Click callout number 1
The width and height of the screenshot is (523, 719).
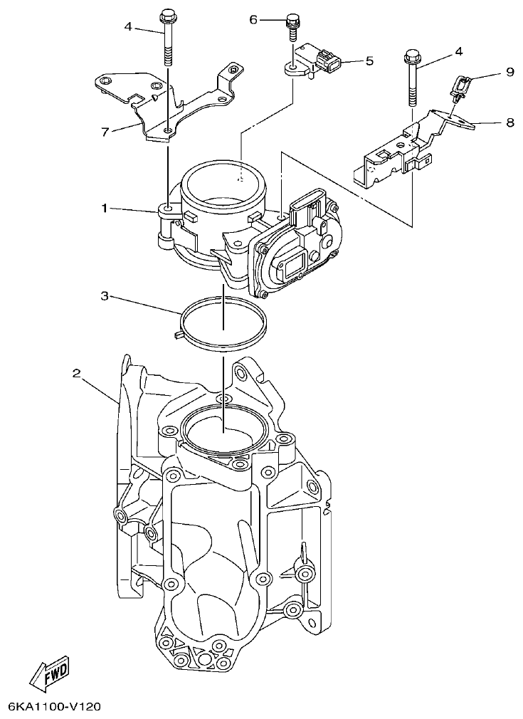(x=104, y=209)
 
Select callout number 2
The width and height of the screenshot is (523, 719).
(x=77, y=373)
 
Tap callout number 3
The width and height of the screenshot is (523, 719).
(x=104, y=295)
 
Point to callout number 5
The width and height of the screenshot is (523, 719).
(x=369, y=61)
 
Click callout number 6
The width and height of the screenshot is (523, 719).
(x=253, y=20)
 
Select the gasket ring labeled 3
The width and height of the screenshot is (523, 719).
(x=222, y=322)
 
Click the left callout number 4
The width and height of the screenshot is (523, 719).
(x=128, y=27)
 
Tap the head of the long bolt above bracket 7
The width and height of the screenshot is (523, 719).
(x=168, y=14)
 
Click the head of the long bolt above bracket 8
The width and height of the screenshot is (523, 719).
(x=411, y=55)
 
